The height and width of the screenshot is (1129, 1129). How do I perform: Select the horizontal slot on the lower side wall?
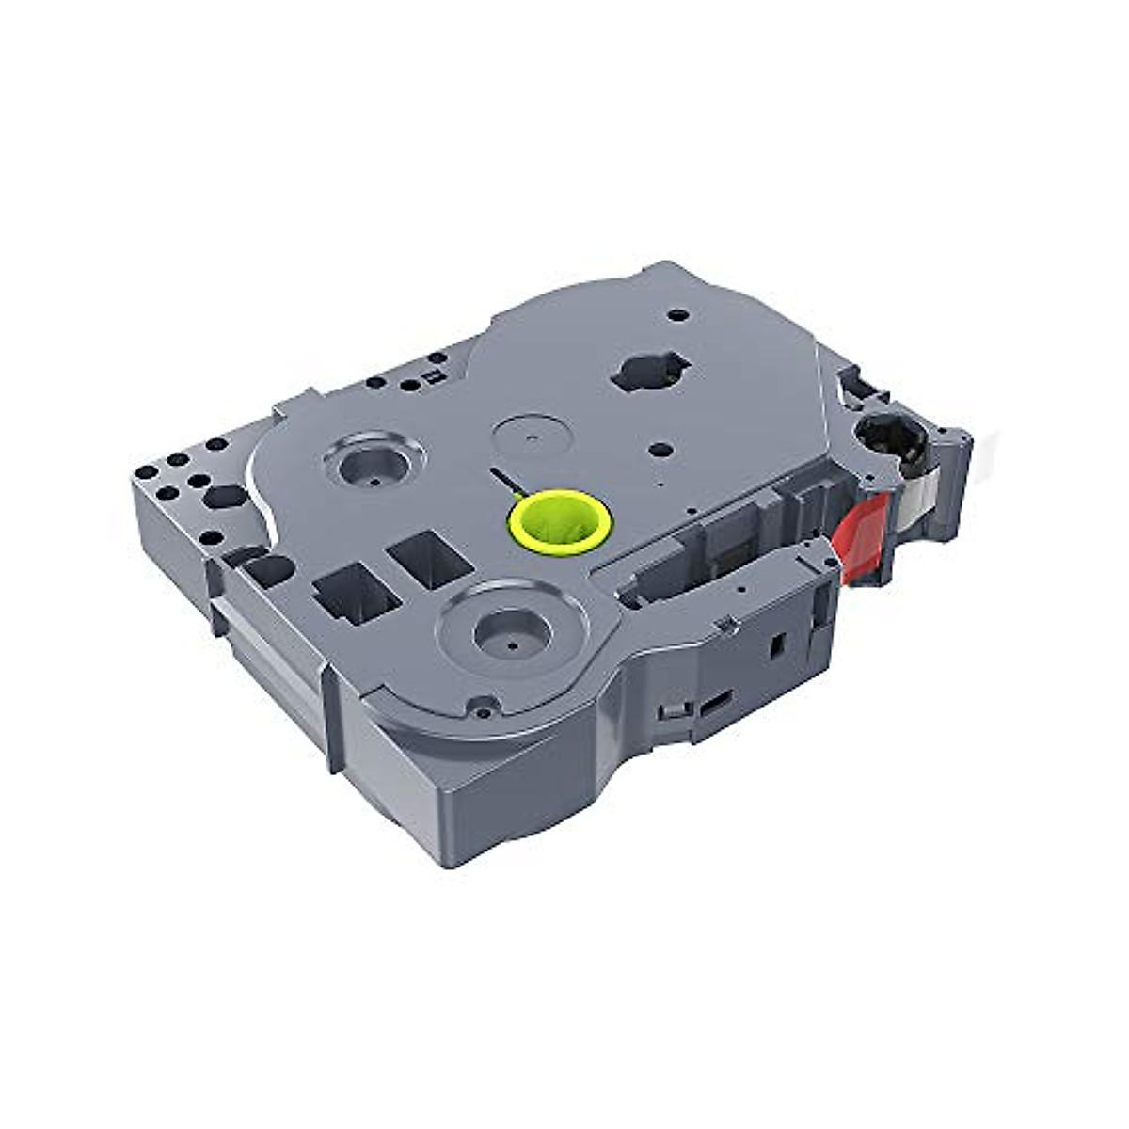point(718,700)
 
